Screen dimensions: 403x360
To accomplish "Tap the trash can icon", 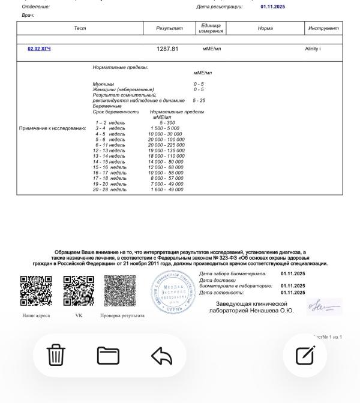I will [x=56, y=356].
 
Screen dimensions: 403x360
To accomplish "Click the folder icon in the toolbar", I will [x=108, y=356].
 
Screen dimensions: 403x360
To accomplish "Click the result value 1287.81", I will [x=167, y=49].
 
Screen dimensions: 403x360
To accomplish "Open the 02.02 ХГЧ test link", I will [x=39, y=49].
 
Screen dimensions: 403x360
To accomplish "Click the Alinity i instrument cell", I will [x=313, y=49].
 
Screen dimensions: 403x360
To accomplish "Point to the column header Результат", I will [x=167, y=28].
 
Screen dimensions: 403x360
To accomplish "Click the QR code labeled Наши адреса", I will [x=36, y=291].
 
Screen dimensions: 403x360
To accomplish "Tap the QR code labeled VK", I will [x=79, y=291].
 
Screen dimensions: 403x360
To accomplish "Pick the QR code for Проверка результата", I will [x=120, y=291].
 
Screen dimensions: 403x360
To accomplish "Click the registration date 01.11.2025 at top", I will [x=273, y=7].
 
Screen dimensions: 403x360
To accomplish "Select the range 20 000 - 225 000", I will [x=167, y=145].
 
